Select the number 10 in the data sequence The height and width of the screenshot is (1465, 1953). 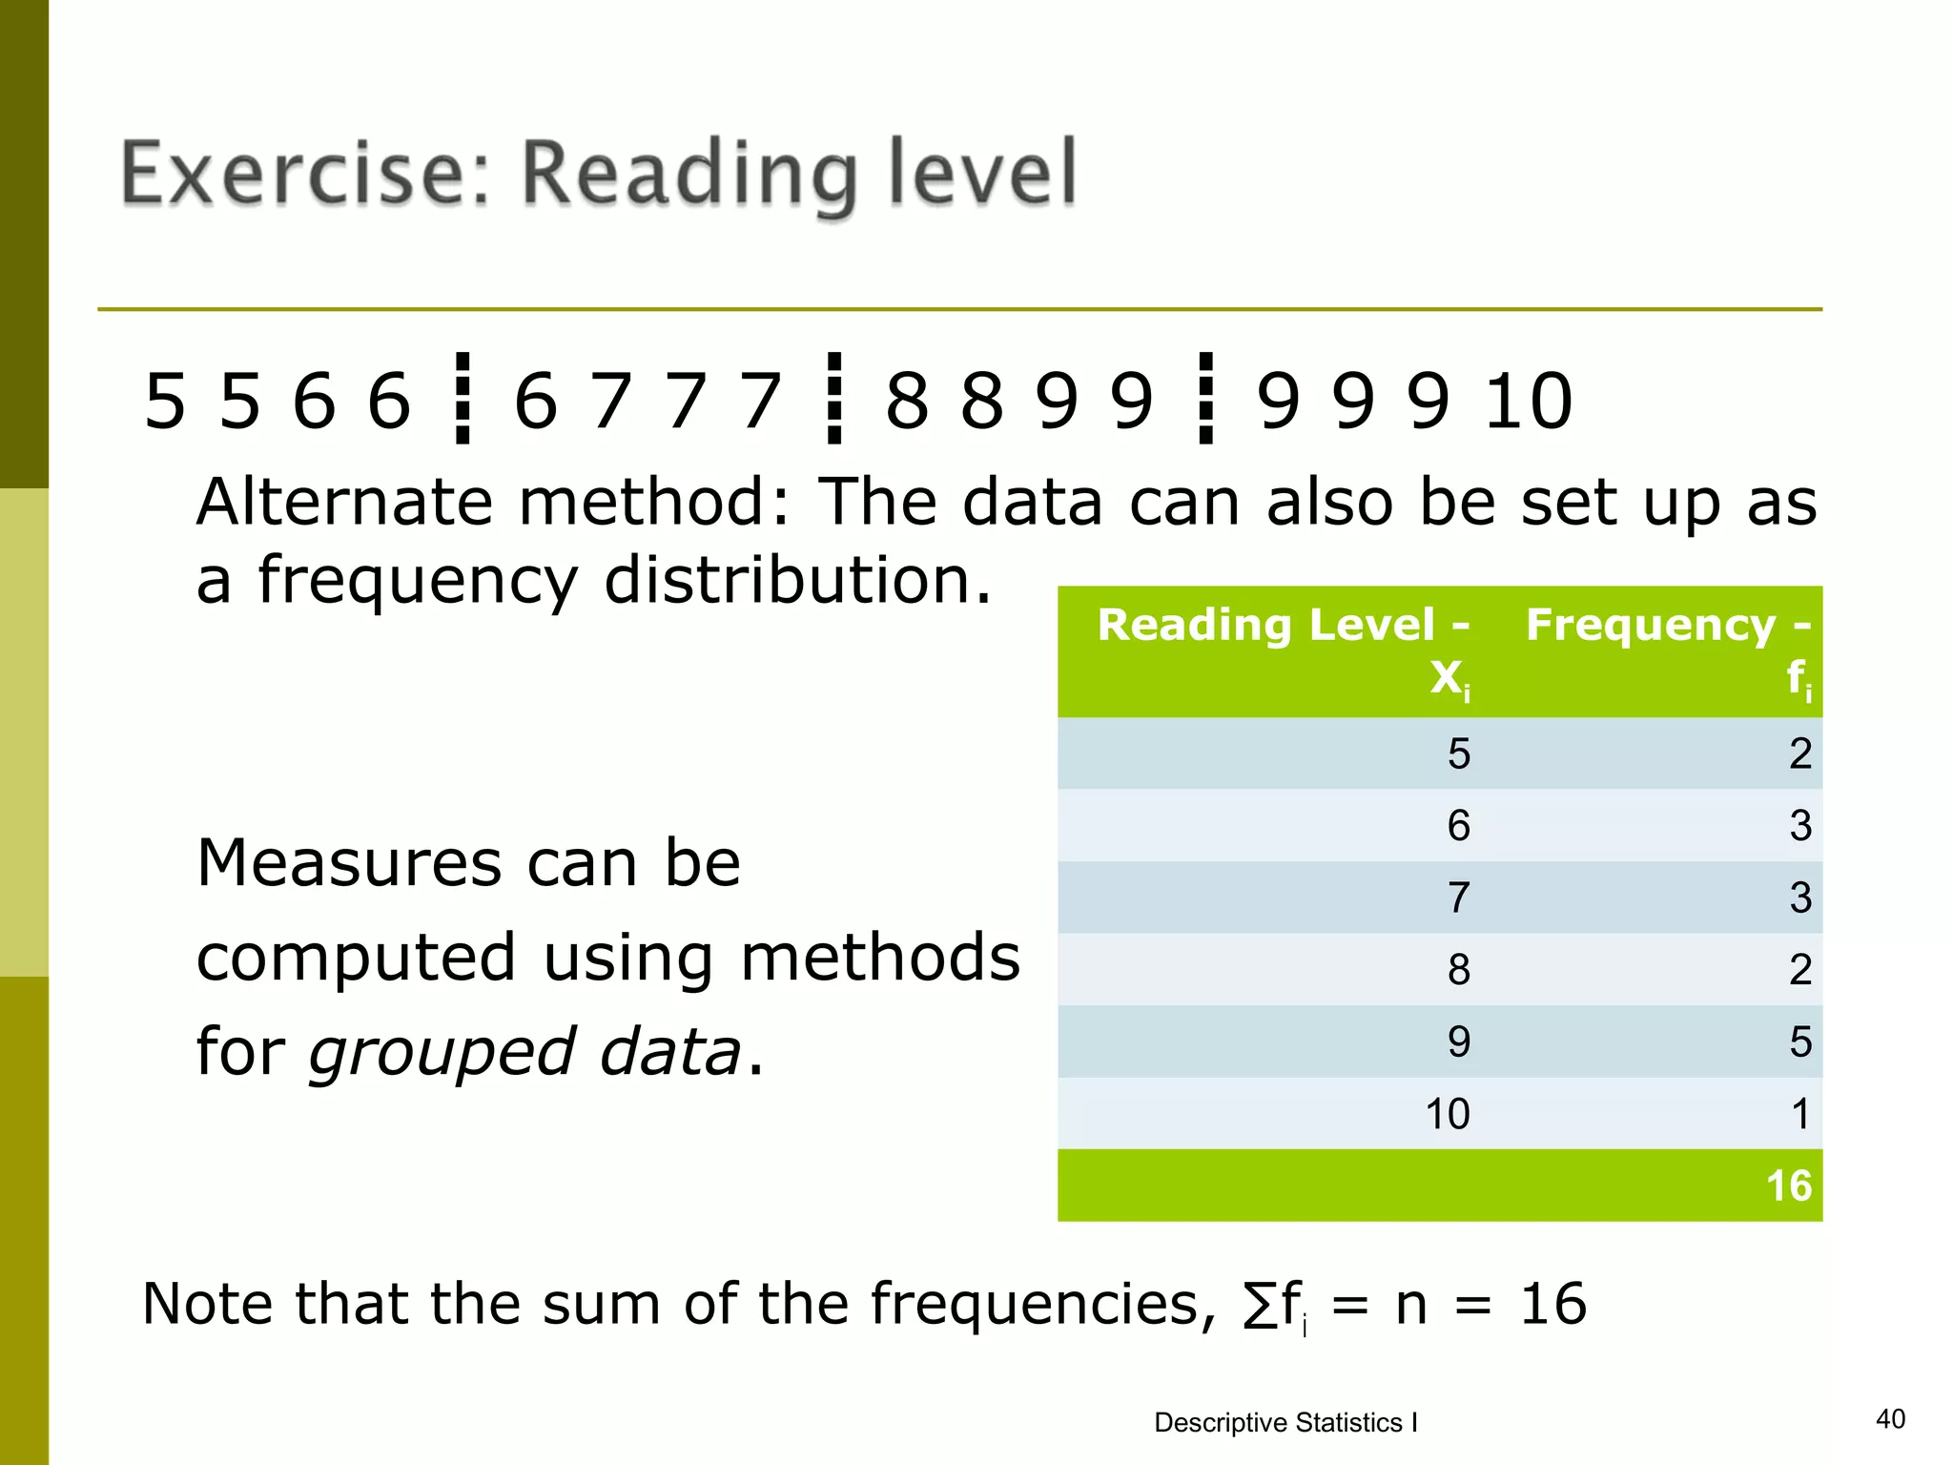(1528, 401)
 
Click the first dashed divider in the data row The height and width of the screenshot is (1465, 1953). (463, 399)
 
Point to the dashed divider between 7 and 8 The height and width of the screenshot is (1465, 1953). (834, 399)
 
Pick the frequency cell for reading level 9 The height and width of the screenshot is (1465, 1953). (1799, 1042)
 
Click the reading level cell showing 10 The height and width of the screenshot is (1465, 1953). (1447, 1114)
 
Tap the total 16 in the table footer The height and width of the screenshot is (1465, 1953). (1788, 1186)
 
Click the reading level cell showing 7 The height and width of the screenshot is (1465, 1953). (1458, 898)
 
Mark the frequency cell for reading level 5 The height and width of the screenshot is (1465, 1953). (1799, 753)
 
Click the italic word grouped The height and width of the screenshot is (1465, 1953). (442, 1053)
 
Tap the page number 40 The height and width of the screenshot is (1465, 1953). (1890, 1419)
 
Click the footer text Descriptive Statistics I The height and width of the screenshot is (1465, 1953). (1285, 1423)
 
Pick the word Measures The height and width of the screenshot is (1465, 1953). (348, 863)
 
